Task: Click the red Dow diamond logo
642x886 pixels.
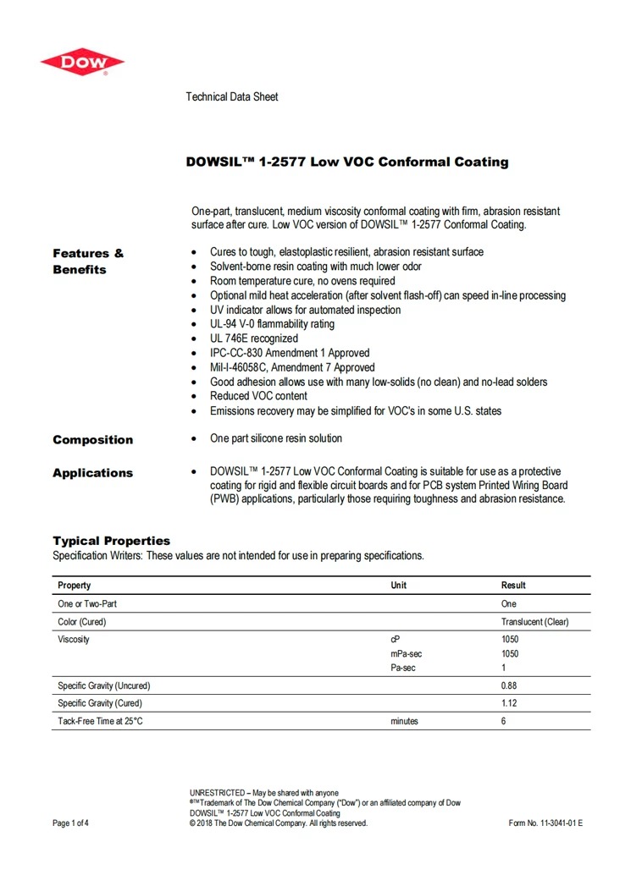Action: [82, 62]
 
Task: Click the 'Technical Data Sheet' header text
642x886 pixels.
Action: [231, 97]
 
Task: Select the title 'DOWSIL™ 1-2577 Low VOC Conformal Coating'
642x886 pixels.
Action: [347, 162]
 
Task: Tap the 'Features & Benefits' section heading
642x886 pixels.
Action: [87, 261]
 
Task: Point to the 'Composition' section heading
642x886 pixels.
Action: [92, 440]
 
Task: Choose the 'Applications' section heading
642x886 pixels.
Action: [92, 473]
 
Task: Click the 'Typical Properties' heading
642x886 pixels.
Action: [111, 541]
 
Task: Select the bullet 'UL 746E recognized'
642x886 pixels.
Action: [254, 338]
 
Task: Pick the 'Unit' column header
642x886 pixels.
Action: [398, 586]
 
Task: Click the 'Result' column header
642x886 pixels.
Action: [513, 586]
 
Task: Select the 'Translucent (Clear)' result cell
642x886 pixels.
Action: [534, 622]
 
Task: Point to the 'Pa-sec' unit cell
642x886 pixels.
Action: [403, 669]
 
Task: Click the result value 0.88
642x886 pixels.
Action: [509, 685]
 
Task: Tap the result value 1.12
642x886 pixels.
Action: [509, 703]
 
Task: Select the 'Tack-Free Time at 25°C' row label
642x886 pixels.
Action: [100, 722]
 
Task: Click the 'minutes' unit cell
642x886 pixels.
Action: [404, 722]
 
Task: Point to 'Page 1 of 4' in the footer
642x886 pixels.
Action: [70, 823]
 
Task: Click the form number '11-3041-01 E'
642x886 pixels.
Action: [560, 823]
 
